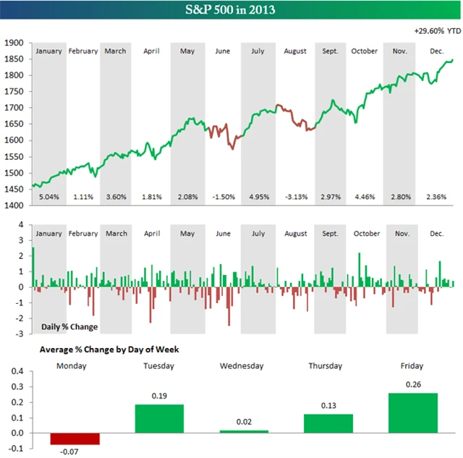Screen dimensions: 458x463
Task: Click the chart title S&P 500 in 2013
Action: (231, 11)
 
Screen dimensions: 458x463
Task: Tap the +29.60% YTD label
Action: (437, 31)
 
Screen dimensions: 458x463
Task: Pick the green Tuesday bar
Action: (159, 419)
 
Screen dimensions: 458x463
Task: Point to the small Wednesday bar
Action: (244, 431)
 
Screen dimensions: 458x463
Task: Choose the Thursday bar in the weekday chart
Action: (328, 423)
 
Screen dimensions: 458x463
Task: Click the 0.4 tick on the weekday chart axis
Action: (15, 371)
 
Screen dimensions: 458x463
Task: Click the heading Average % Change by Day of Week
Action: (109, 349)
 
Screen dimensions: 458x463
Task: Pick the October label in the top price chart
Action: (365, 51)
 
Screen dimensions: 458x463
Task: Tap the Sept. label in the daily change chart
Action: (330, 234)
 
